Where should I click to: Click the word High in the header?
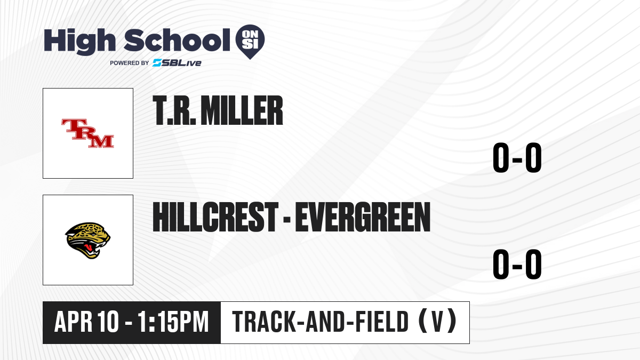click(79, 42)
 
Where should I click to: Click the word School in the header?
click(177, 41)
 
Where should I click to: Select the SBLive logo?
click(177, 63)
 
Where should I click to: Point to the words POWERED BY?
click(130, 63)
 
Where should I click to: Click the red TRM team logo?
click(87, 133)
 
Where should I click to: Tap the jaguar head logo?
click(87, 241)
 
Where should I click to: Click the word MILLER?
click(242, 110)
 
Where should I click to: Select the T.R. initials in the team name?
click(174, 110)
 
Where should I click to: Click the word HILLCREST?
click(215, 217)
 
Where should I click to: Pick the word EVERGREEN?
click(363, 217)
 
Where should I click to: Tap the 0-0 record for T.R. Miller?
click(517, 157)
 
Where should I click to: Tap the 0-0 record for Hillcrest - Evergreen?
click(517, 264)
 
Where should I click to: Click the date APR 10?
click(86, 322)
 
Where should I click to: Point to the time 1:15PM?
click(173, 322)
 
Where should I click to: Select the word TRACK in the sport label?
click(265, 322)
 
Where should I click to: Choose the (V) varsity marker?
click(437, 321)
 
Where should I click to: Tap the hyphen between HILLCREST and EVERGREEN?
click(287, 219)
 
